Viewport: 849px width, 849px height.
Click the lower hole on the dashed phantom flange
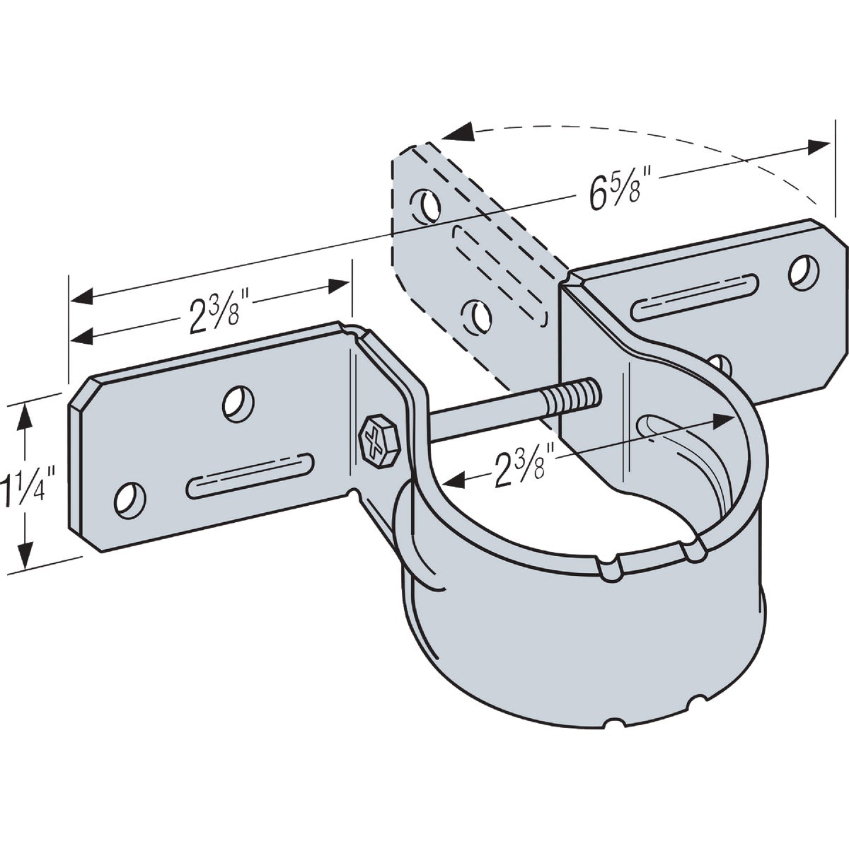[x=476, y=313]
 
